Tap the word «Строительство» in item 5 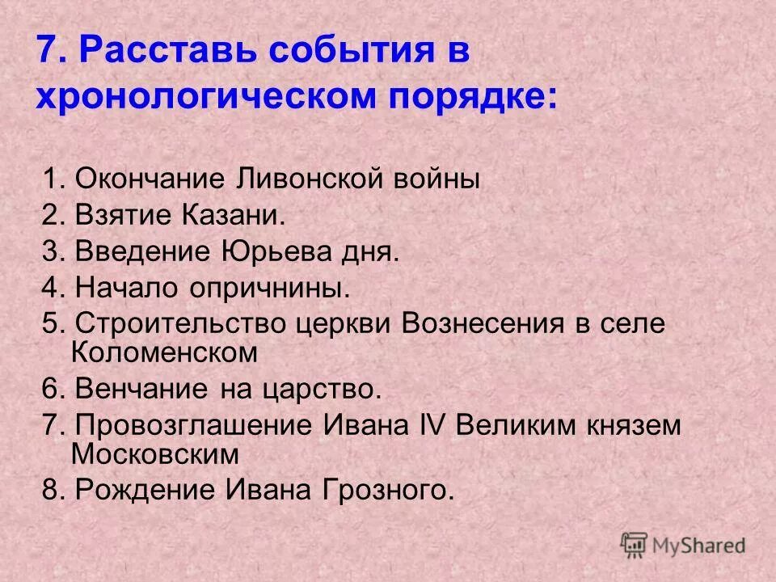tap(162, 324)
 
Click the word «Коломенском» tap(164, 352)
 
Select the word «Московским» tap(155, 453)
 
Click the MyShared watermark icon tap(635, 545)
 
